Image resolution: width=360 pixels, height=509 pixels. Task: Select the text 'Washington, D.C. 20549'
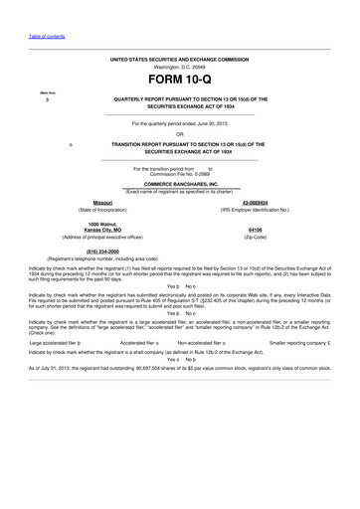180,67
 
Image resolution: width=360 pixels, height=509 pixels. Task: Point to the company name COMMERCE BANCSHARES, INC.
179,184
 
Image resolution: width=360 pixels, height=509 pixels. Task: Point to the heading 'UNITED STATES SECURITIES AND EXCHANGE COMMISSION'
179,59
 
